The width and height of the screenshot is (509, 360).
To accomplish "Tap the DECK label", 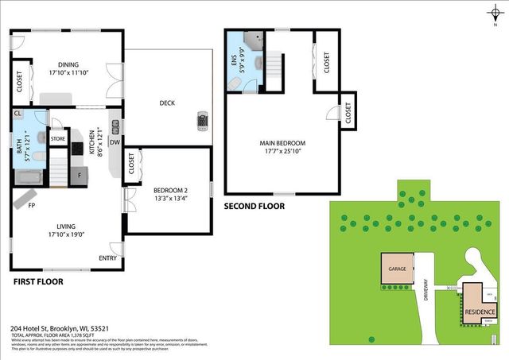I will pos(167,103).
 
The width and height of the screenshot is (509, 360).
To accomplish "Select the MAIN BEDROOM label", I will pos(282,144).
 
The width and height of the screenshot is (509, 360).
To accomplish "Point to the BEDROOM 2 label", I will pos(170,190).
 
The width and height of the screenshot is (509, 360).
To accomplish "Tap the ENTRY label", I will pos(107,258).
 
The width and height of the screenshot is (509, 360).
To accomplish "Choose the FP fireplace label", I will pos(33,205).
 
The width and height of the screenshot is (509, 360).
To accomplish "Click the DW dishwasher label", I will pos(115,141).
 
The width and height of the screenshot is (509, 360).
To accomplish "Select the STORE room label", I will pos(58,139).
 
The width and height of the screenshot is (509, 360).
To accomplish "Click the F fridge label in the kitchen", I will pos(80,173).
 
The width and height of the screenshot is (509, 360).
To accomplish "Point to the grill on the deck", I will pos(203,120).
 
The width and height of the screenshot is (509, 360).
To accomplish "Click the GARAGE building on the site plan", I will pos(397,269).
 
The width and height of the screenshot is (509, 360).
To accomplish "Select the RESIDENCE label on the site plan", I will pos(480,312).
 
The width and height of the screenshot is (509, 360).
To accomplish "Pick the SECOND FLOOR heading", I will pos(254,206).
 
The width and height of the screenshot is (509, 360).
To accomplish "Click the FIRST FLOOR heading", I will pos(38,281).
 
